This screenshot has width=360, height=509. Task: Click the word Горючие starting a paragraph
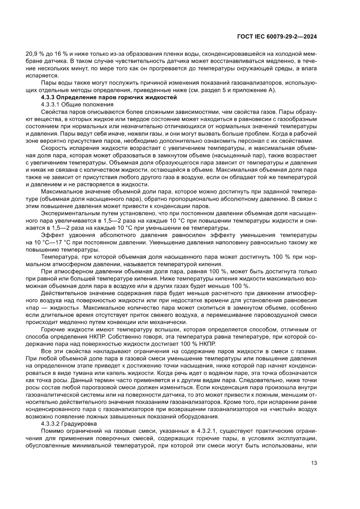point(52,330)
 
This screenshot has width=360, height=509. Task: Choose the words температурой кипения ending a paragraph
point(180,264)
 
